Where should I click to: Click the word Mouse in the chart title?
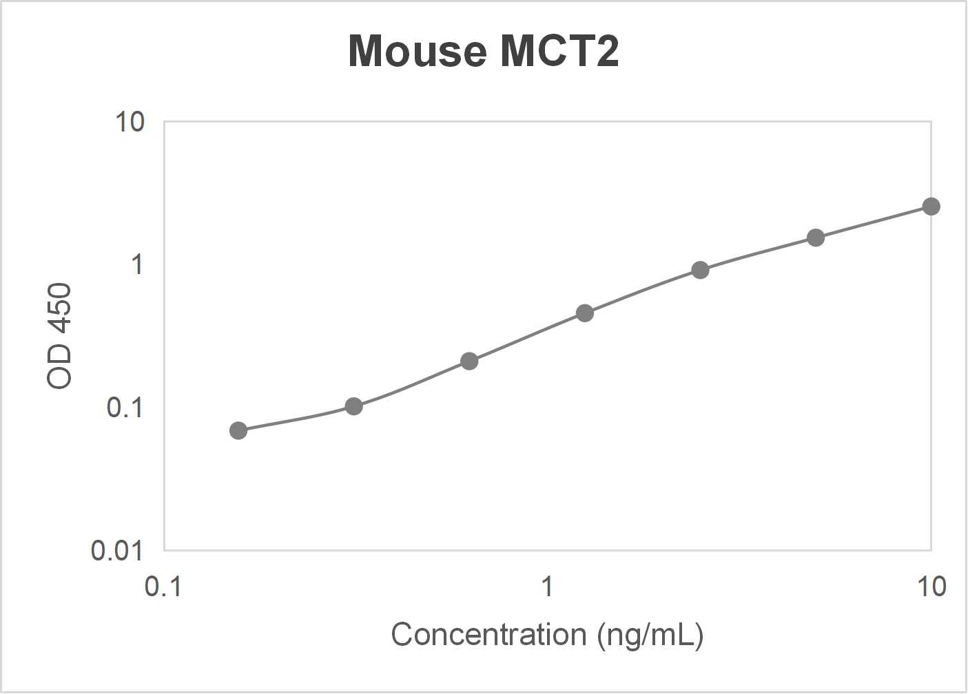point(417,51)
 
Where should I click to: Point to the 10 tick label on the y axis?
point(130,123)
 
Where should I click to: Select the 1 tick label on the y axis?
point(137,264)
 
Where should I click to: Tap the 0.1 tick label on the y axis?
point(125,408)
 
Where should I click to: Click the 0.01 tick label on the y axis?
point(117,550)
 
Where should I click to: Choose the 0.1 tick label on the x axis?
point(163,587)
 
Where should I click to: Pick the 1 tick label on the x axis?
point(547,587)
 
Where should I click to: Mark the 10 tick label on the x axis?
point(931,587)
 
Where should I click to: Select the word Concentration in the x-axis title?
point(488,635)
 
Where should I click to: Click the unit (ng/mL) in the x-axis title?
point(650,635)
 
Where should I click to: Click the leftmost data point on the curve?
point(238,431)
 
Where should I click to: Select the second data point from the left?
point(353,406)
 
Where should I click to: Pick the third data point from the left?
point(469,361)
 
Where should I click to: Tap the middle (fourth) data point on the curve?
point(585,313)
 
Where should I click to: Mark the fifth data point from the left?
point(700,270)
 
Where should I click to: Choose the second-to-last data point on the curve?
point(816,238)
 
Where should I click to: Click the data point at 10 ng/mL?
point(931,207)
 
